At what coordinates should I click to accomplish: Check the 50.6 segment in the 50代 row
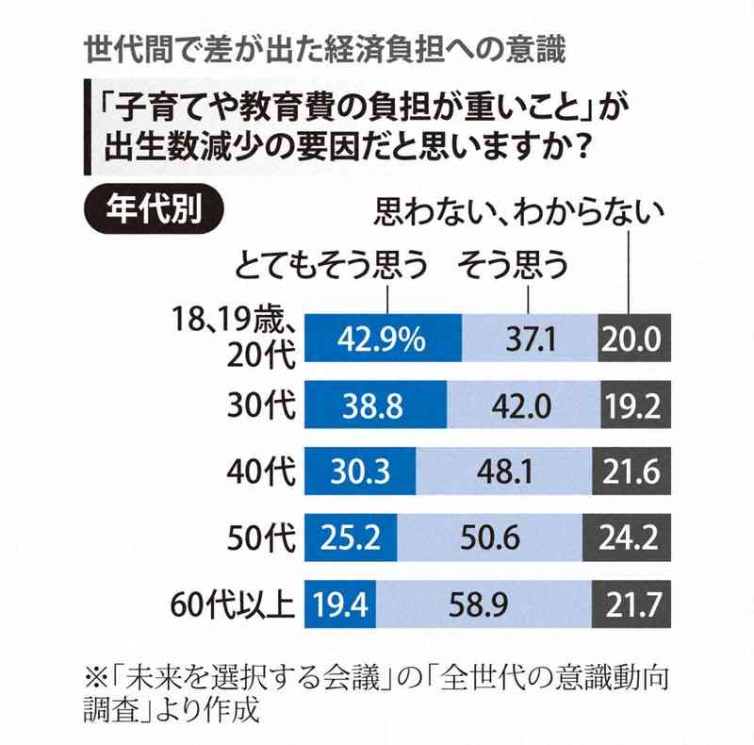(492, 538)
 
